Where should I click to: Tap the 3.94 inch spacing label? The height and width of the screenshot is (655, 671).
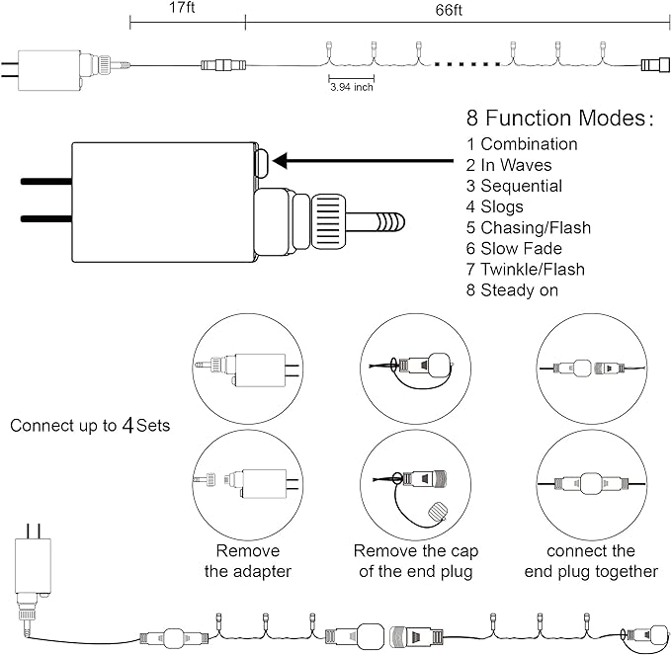[x=352, y=87]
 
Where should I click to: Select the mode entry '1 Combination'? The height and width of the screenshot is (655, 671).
[x=522, y=144]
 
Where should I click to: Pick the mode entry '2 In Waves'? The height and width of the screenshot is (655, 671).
[x=508, y=165]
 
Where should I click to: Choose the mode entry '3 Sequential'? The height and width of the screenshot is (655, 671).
[x=514, y=186]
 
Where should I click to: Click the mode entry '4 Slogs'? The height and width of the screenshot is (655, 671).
[x=495, y=206]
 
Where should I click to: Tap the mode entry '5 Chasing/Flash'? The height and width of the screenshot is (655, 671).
[x=528, y=228]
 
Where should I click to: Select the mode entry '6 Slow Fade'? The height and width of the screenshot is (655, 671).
[x=514, y=249]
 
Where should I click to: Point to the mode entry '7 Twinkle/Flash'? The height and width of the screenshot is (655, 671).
[x=525, y=270]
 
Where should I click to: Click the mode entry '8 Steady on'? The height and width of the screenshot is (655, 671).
[x=512, y=290]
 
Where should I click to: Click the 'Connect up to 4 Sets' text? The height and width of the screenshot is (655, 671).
[x=90, y=427]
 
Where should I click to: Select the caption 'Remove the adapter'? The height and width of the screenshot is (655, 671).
[x=247, y=561]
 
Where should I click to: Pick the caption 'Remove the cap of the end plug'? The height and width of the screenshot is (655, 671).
[x=412, y=561]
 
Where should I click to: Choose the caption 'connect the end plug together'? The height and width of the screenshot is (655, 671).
[x=591, y=561]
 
